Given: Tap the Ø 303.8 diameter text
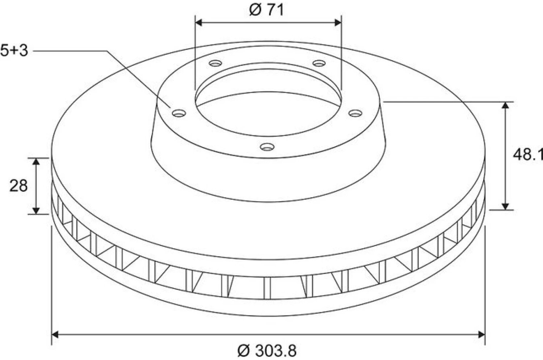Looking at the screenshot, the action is [267, 351].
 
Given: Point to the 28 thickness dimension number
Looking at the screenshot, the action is [18, 186].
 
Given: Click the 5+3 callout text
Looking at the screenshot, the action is [14, 51].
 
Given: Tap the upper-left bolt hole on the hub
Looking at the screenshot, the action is [215, 63].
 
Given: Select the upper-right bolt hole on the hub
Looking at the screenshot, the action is [319, 63].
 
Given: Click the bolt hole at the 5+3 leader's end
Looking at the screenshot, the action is [179, 113].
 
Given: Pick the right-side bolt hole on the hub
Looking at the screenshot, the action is [355, 113].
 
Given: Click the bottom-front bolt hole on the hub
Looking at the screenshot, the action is [267, 147].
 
